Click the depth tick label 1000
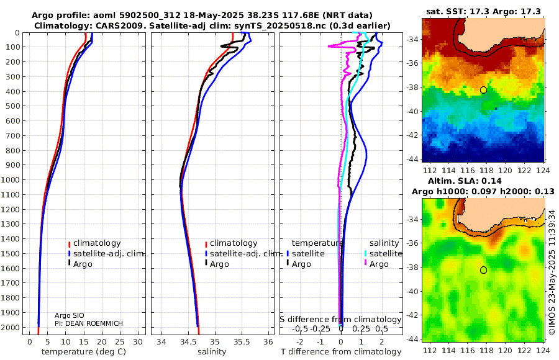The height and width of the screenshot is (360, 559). (x=13, y=180)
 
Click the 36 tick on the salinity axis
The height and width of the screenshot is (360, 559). (x=268, y=341)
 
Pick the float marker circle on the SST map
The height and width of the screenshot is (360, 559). (x=483, y=90)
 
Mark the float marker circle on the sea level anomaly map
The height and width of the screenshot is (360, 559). (x=483, y=270)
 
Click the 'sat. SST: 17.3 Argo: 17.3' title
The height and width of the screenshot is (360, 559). (x=483, y=11)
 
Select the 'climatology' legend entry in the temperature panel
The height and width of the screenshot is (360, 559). (x=97, y=243)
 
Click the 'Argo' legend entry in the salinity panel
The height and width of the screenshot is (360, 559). (x=219, y=264)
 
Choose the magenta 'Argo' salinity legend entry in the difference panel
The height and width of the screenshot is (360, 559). (x=379, y=264)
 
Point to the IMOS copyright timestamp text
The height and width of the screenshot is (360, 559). (x=552, y=267)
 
